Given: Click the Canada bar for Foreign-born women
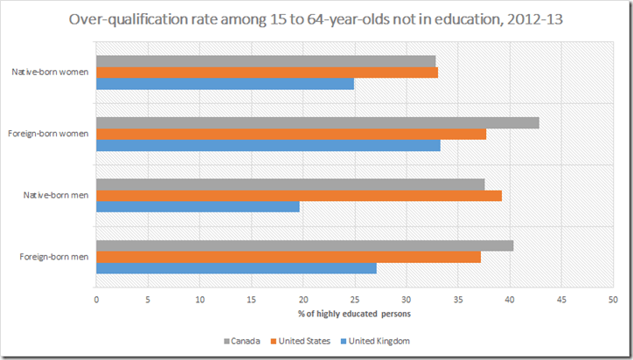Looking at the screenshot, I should (317, 122).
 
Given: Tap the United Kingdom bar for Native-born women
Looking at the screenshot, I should (225, 84).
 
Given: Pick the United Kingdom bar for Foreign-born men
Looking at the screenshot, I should (236, 268).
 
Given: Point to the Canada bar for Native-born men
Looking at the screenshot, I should (290, 183).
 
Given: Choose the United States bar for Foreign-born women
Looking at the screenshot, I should (291, 134).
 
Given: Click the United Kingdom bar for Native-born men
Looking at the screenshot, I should (198, 206).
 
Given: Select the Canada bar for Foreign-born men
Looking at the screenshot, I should (304, 246).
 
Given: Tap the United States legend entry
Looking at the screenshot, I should (306, 341).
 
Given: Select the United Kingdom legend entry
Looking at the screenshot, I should (378, 341).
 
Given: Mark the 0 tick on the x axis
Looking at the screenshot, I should (96, 298).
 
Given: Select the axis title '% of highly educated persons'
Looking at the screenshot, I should (354, 313).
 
